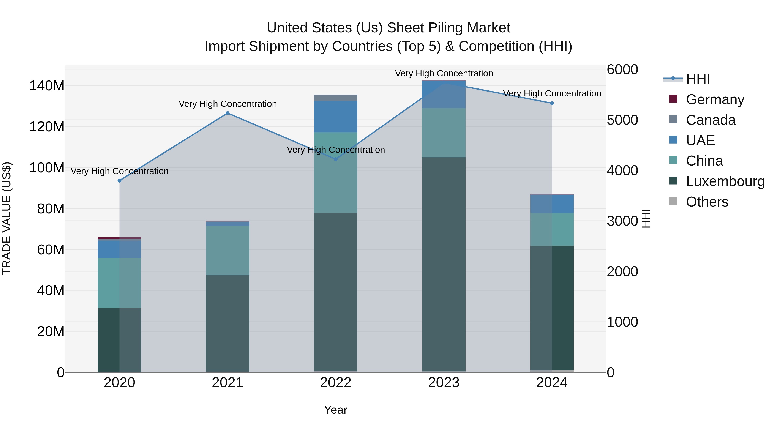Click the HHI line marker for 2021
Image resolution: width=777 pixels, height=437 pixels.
227,113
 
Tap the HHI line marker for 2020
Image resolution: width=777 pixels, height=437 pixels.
119,181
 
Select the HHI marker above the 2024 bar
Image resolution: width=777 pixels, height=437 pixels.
552,103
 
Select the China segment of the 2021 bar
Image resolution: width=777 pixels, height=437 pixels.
227,250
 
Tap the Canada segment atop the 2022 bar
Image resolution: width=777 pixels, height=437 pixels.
335,97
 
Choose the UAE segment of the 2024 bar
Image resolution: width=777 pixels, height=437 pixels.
552,204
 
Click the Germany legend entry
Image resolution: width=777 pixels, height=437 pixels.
715,99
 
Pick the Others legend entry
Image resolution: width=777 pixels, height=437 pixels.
707,202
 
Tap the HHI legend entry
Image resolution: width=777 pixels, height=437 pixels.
697,79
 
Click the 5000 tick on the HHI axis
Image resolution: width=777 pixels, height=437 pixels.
622,120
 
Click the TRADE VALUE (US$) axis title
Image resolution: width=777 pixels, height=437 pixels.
7,218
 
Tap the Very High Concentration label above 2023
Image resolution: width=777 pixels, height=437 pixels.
444,73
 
